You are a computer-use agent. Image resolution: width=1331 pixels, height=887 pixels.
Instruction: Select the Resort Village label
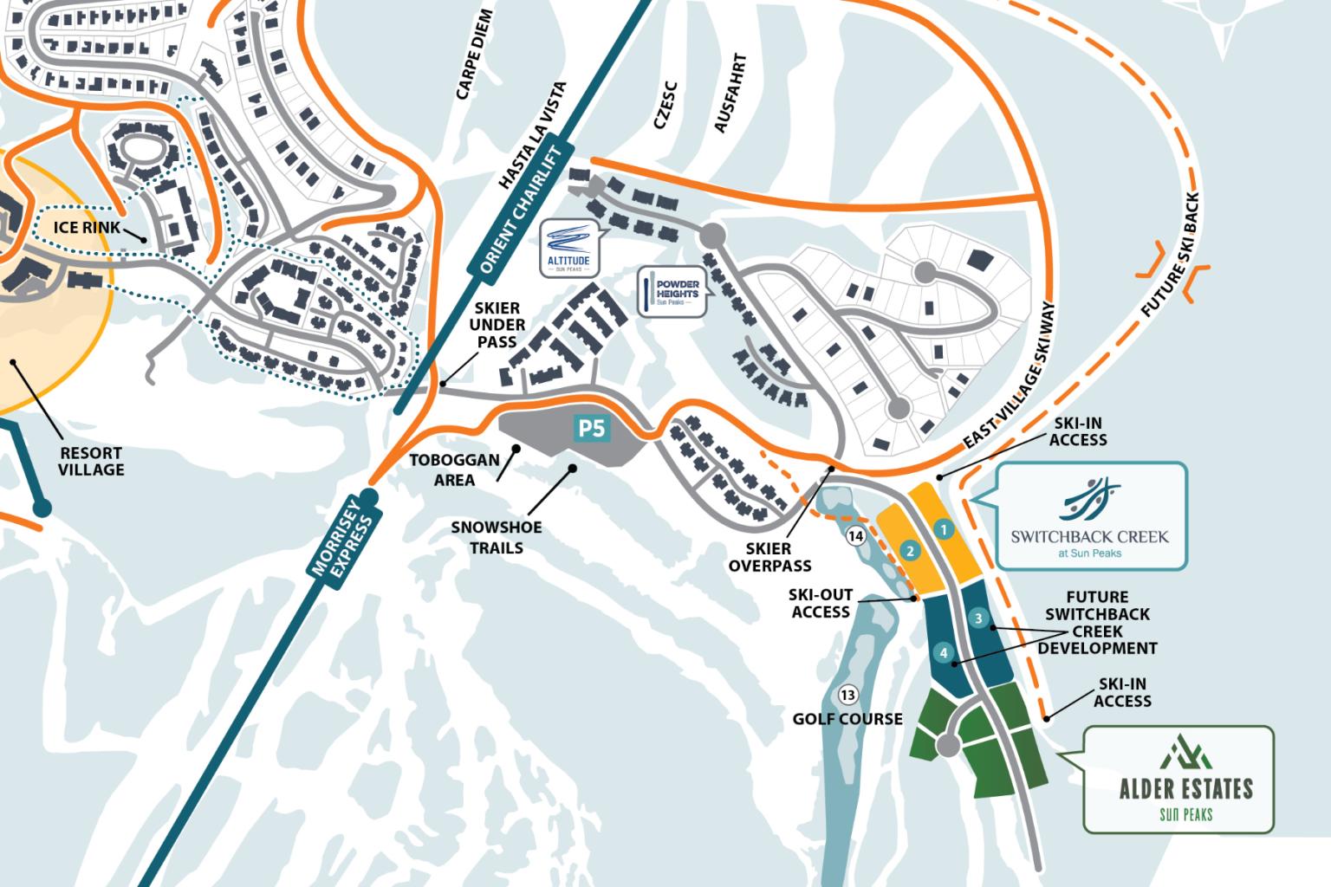[x=91, y=461]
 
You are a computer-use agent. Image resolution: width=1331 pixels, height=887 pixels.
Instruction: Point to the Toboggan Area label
[x=454, y=469]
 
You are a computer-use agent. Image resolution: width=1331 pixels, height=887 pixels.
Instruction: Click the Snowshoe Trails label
[x=497, y=537]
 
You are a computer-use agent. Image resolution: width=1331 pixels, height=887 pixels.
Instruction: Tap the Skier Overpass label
[x=769, y=557]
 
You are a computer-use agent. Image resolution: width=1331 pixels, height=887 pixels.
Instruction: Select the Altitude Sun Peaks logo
[x=568, y=248]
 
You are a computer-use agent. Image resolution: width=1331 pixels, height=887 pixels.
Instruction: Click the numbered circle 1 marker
[x=945, y=528]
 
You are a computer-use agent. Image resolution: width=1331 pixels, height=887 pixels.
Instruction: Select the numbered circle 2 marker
[x=909, y=550]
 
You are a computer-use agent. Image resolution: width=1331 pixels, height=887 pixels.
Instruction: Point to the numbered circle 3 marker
[x=978, y=618]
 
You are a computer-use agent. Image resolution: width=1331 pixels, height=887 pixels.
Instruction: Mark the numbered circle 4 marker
[x=943, y=653]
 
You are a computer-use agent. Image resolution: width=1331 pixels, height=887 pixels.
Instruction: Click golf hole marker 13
[x=847, y=695]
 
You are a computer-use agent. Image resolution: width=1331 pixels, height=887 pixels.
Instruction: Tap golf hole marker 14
[x=856, y=536]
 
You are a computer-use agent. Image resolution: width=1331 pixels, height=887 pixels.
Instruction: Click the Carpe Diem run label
[x=474, y=55]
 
